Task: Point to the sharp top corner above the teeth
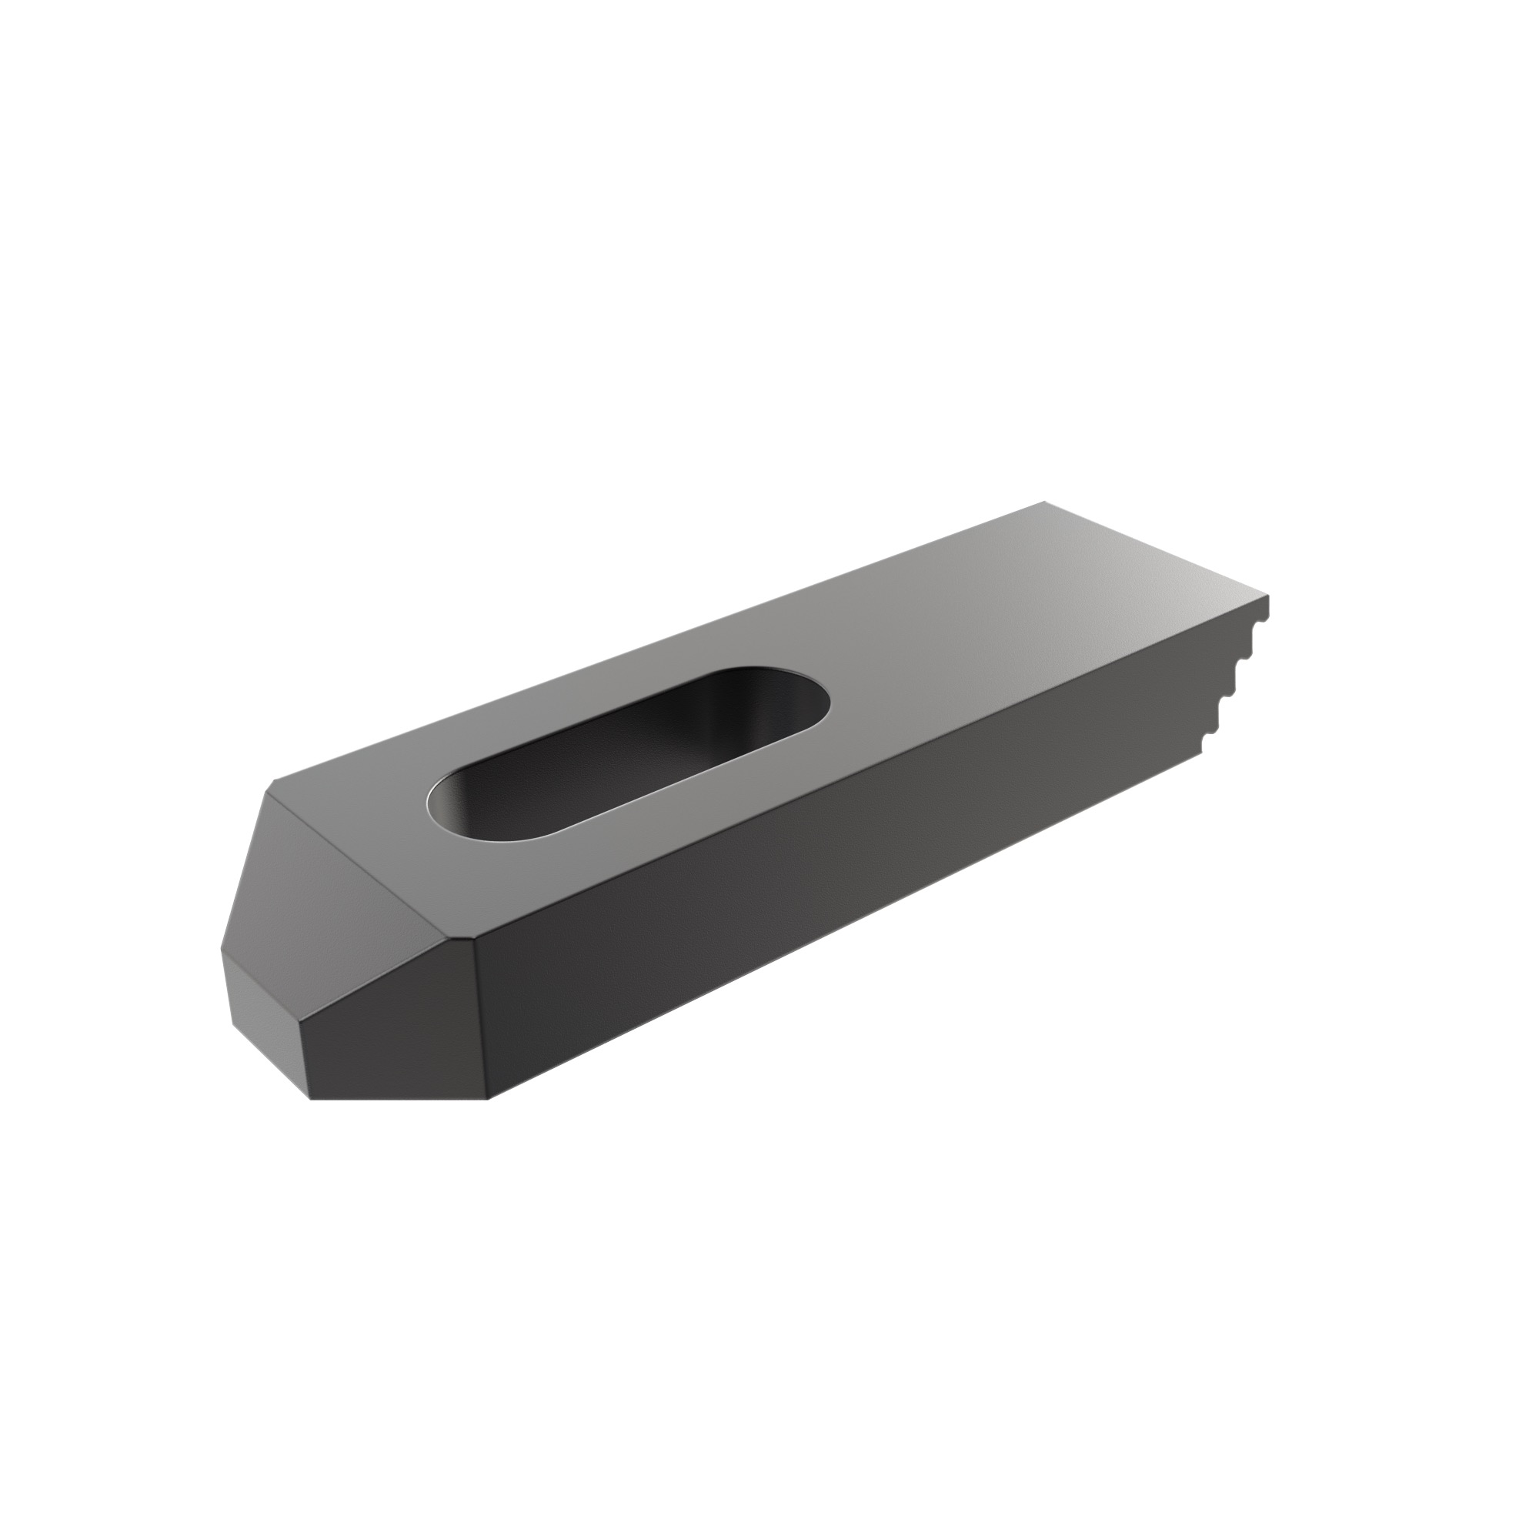point(1267,596)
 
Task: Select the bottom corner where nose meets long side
point(488,1100)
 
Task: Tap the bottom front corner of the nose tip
point(309,1100)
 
